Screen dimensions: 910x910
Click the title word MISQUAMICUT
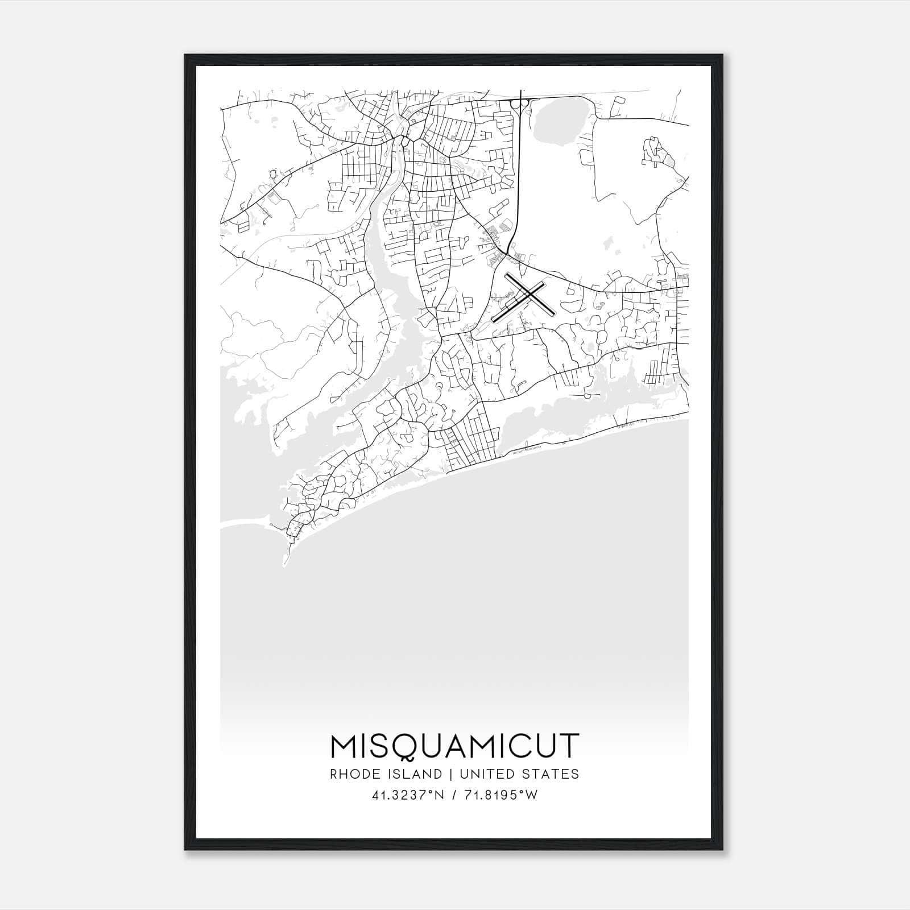coord(454,746)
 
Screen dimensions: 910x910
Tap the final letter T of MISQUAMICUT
coord(569,746)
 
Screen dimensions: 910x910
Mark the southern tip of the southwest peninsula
coord(284,565)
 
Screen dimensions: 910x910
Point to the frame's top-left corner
coord(185,55)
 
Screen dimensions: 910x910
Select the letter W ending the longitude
coord(532,795)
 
